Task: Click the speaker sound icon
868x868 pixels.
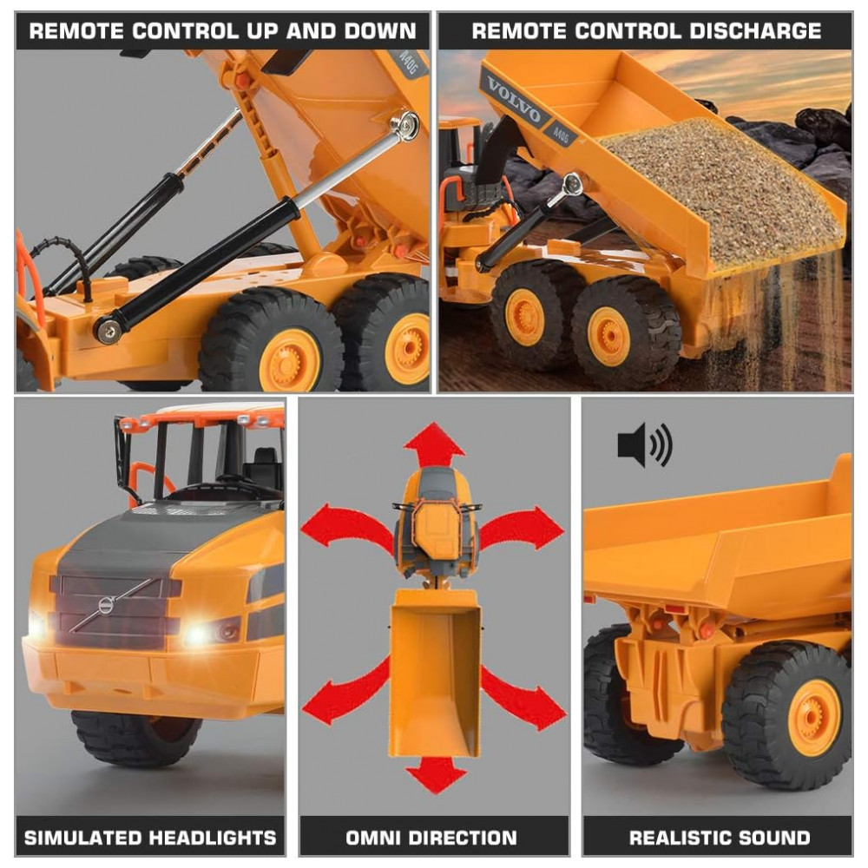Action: click(x=644, y=445)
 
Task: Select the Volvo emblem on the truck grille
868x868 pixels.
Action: click(x=106, y=605)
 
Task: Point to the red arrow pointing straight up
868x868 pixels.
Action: click(x=434, y=445)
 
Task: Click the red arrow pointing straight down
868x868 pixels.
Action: click(x=434, y=773)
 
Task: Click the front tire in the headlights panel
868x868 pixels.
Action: click(x=135, y=737)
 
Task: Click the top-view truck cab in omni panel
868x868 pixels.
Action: click(x=434, y=521)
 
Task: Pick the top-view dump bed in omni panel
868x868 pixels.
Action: click(x=434, y=668)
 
